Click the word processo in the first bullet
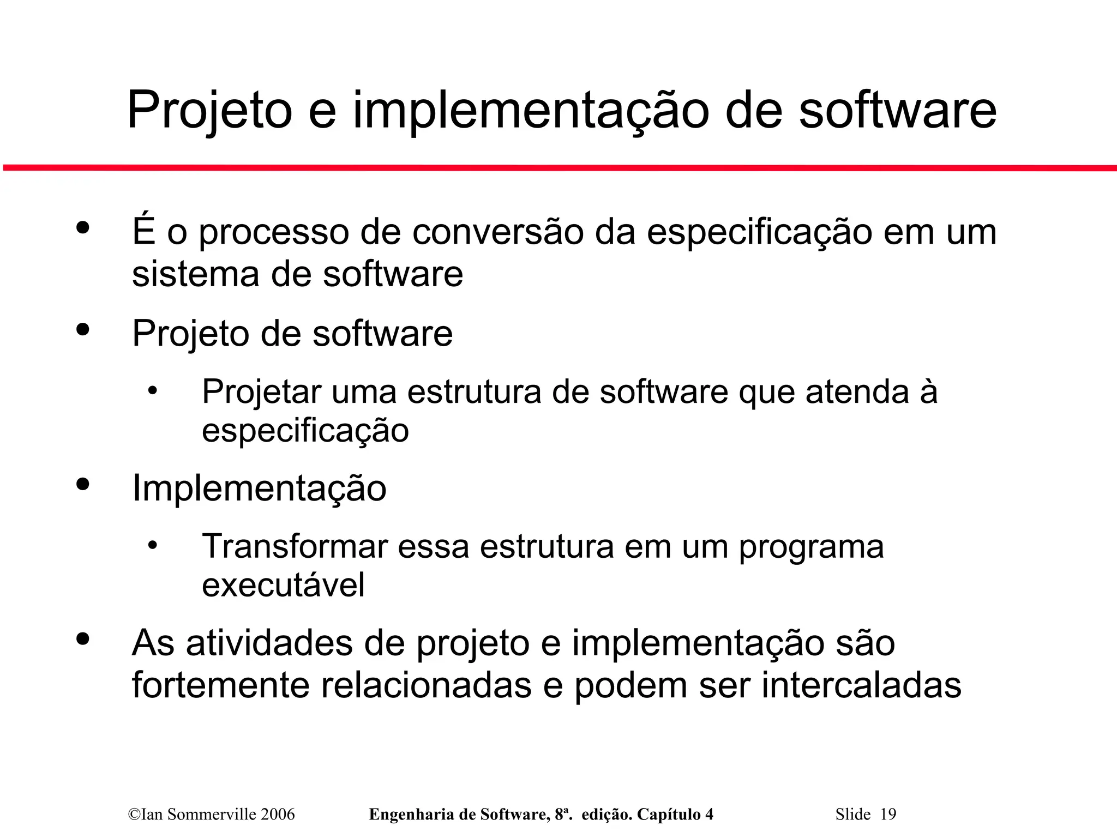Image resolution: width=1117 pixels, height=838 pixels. click(273, 232)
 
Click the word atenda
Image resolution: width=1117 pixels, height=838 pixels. click(857, 391)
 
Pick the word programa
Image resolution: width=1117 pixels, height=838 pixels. click(811, 547)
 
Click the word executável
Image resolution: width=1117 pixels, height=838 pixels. click(283, 585)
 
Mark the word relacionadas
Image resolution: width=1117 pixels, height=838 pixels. click(426, 685)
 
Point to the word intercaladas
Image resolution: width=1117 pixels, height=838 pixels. click(861, 685)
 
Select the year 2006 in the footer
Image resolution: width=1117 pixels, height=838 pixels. click(278, 815)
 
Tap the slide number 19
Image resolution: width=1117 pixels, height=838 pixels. click(888, 815)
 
